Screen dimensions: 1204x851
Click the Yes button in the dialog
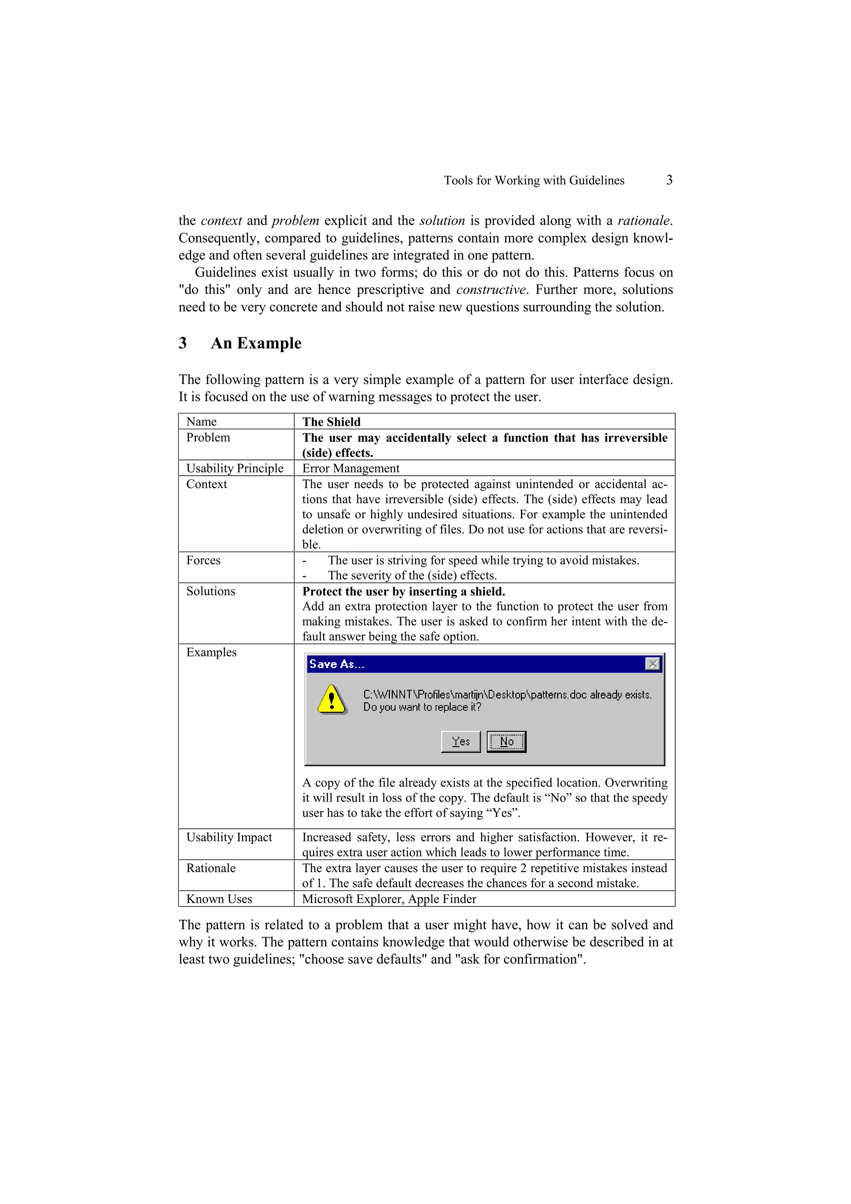coord(460,742)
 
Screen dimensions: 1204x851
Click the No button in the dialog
coord(506,742)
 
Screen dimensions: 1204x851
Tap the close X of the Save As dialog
coord(652,664)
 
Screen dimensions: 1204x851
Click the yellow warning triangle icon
coord(331,700)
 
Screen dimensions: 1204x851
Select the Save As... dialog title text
coord(337,664)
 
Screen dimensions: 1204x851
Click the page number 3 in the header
coord(669,180)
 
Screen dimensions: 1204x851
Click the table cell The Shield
coord(331,422)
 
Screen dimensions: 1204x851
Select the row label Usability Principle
coord(234,468)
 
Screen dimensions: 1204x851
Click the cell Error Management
coord(350,468)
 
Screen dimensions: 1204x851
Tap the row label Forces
coord(204,560)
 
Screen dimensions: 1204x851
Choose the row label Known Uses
coord(219,899)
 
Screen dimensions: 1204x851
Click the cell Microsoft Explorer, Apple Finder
coord(389,899)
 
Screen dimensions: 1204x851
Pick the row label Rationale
coord(211,868)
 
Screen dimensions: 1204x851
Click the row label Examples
coord(212,652)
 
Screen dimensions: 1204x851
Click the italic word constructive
coord(491,290)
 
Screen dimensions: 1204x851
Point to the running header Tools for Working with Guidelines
coord(534,180)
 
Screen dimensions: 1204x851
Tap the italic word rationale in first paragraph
coord(643,221)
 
